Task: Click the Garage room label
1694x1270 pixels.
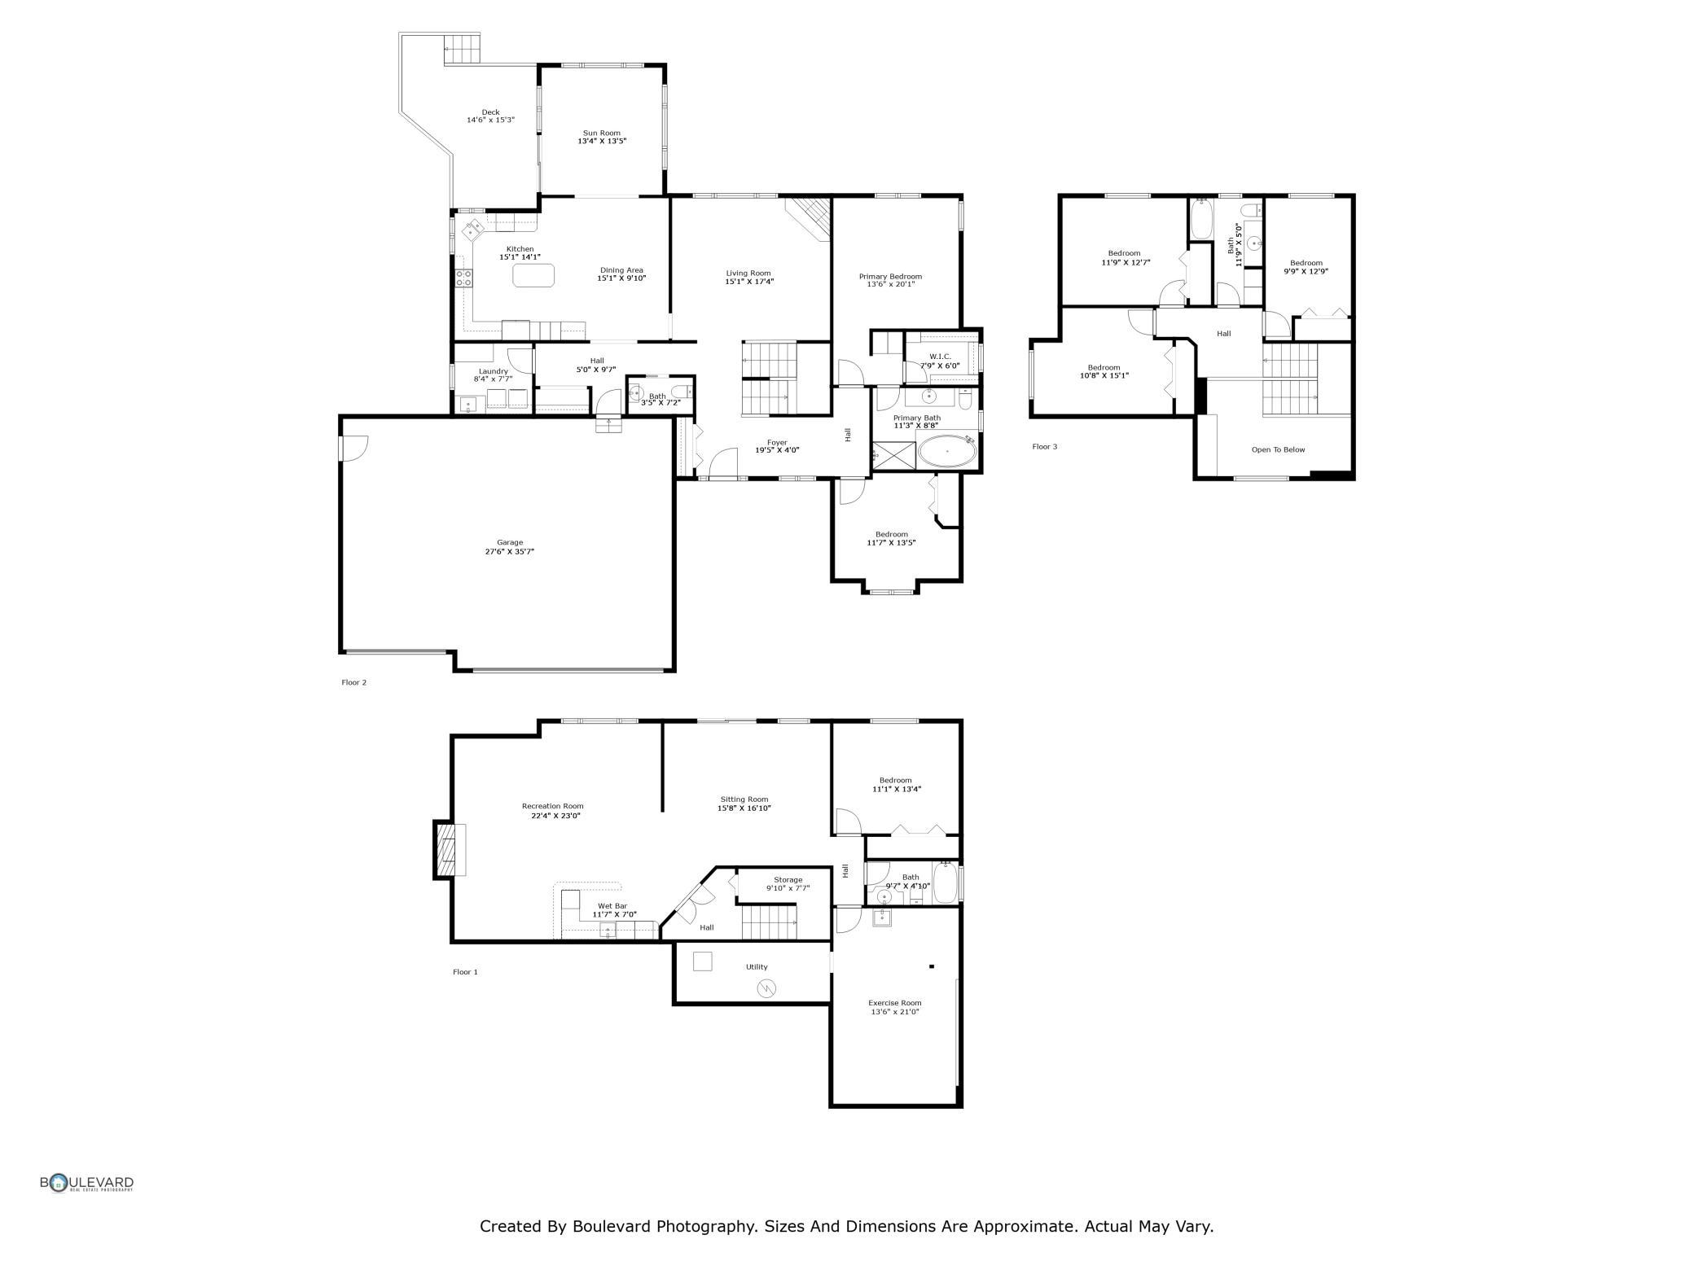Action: pyautogui.click(x=510, y=542)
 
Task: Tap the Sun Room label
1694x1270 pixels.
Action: pyautogui.click(x=602, y=133)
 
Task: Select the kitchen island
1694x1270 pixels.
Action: pyautogui.click(x=533, y=275)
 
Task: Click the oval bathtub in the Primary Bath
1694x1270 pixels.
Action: pyautogui.click(x=947, y=451)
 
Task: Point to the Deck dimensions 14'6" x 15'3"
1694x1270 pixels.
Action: pyautogui.click(x=490, y=120)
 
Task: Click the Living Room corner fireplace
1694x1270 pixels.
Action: pyautogui.click(x=809, y=218)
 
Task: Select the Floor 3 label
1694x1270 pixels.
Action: pyautogui.click(x=1045, y=446)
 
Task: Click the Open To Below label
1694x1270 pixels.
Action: pyautogui.click(x=1278, y=449)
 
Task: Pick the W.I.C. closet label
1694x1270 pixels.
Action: pyautogui.click(x=940, y=357)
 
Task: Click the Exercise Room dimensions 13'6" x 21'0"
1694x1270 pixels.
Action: pyautogui.click(x=895, y=1012)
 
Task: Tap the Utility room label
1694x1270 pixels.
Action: pyautogui.click(x=757, y=967)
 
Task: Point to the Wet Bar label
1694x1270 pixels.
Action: pyautogui.click(x=612, y=905)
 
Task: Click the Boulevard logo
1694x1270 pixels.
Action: pyautogui.click(x=87, y=1183)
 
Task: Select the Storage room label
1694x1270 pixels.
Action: pyautogui.click(x=788, y=879)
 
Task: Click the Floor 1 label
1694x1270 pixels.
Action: pyautogui.click(x=465, y=971)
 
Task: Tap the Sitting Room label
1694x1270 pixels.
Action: pyautogui.click(x=744, y=799)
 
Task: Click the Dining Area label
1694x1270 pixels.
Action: pyautogui.click(x=621, y=270)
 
